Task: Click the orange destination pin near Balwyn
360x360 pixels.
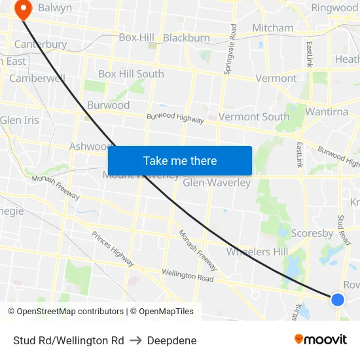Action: tap(24, 9)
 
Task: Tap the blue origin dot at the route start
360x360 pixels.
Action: tap(337, 299)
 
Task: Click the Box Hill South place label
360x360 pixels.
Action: tap(131, 74)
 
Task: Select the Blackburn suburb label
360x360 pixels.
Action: tap(187, 38)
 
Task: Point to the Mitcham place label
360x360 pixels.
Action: tap(272, 28)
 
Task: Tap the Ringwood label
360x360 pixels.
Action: tap(334, 8)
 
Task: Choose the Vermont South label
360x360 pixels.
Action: tap(254, 117)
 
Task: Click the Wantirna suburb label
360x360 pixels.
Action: tap(327, 112)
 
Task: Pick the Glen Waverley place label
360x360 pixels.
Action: tap(217, 183)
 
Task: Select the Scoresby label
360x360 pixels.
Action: tap(312, 234)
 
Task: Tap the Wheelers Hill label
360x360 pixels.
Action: tap(257, 252)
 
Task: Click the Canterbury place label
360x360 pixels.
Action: tap(41, 45)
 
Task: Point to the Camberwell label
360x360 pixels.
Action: tap(37, 79)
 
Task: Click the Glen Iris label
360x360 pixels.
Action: tap(20, 120)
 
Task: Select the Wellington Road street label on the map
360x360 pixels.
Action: tap(187, 275)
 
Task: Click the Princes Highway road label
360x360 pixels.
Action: tap(113, 249)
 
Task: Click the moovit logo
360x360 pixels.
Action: tap(321, 339)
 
